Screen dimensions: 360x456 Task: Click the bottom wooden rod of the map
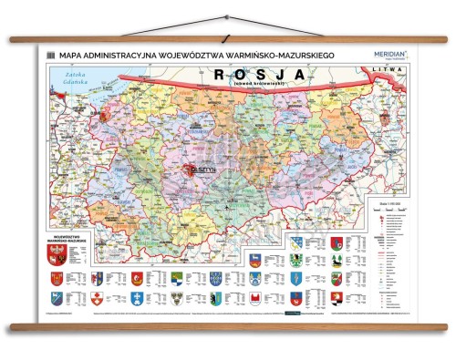tap(228, 325)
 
